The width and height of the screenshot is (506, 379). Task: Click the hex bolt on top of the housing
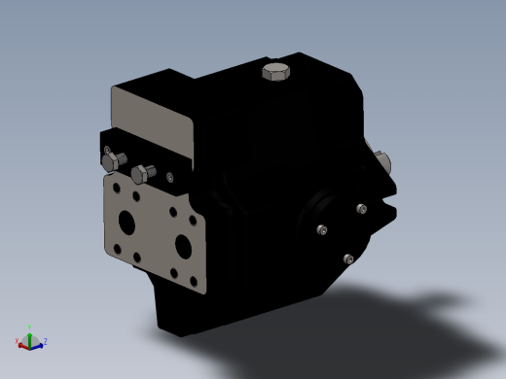coord(276,72)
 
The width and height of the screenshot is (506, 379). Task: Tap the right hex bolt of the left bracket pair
coord(141,174)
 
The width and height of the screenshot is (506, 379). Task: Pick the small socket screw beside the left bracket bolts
coord(169,177)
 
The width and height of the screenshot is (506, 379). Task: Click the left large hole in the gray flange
coord(126,222)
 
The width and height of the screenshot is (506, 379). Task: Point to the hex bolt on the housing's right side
coord(380,161)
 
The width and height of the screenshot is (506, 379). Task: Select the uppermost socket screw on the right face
coord(362,209)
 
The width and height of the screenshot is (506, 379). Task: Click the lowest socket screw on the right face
coord(348,258)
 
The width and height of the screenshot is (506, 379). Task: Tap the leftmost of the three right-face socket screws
coord(322,230)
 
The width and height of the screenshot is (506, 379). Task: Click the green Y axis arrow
coord(30,333)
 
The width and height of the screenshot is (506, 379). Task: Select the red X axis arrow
coord(23,344)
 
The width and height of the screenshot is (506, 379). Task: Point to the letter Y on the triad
coord(30,327)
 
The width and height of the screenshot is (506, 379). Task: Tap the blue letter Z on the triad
coord(45,341)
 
